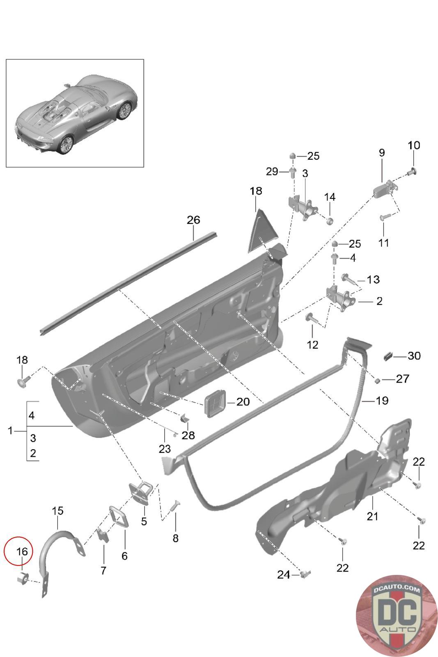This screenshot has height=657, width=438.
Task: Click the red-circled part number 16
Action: pos(22,551)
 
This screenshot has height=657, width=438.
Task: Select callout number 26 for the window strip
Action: pos(193,220)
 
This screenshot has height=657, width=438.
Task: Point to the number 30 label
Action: pos(414,356)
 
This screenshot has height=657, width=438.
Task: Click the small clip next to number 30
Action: pos(388,355)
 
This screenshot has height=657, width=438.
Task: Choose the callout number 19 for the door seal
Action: pos(382,400)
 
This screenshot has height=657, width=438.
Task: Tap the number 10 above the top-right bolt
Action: pos(414,145)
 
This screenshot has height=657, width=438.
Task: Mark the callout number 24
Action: pos(283,574)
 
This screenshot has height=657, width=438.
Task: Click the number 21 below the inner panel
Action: pos(372,516)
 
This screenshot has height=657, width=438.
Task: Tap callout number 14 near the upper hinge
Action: pos(330,197)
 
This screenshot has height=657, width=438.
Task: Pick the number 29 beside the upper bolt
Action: pos(272,172)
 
